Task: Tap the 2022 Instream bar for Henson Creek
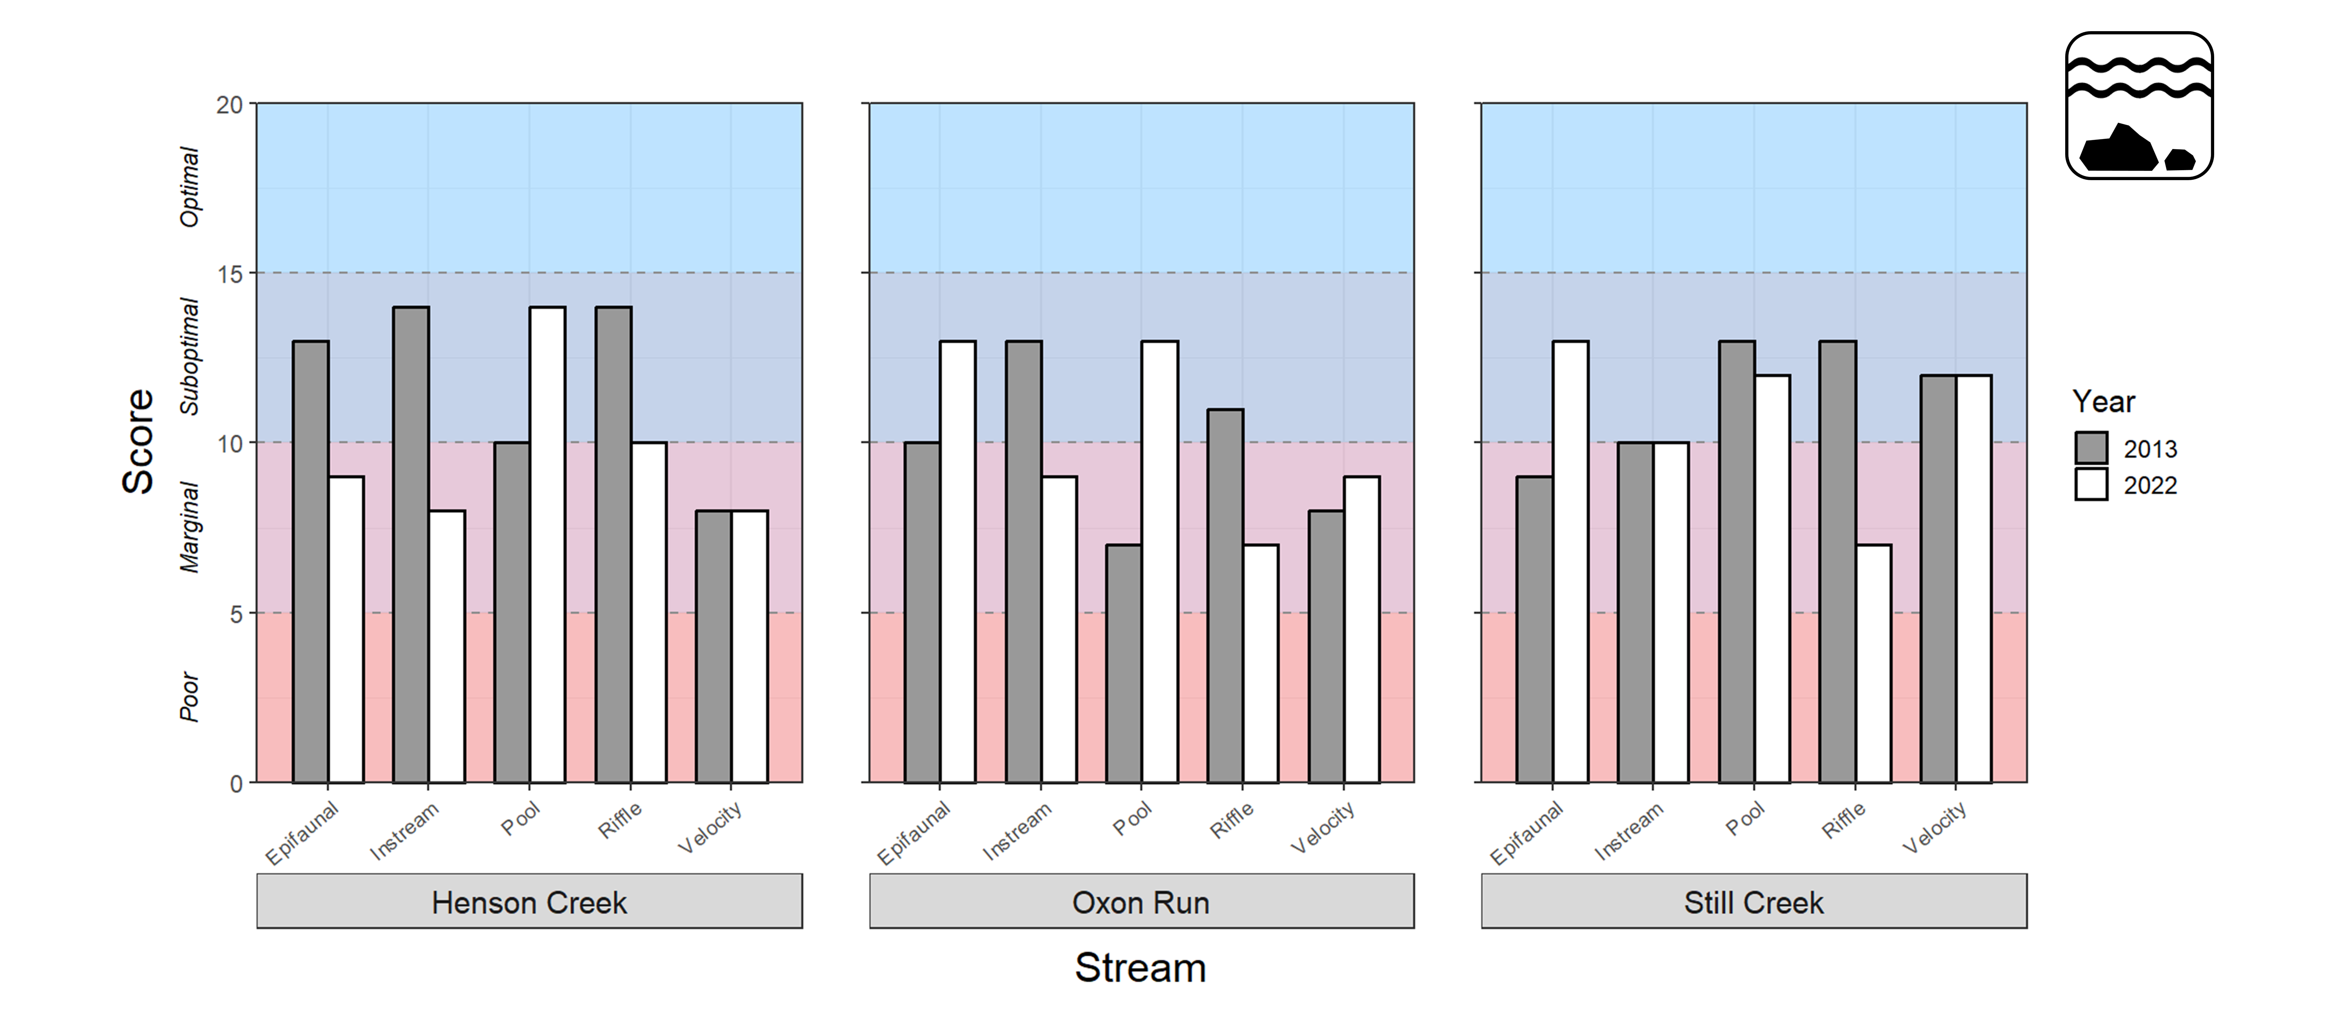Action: point(447,646)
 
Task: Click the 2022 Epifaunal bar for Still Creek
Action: point(1570,562)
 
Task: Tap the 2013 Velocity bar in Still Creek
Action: point(1938,578)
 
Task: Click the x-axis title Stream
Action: point(1140,968)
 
